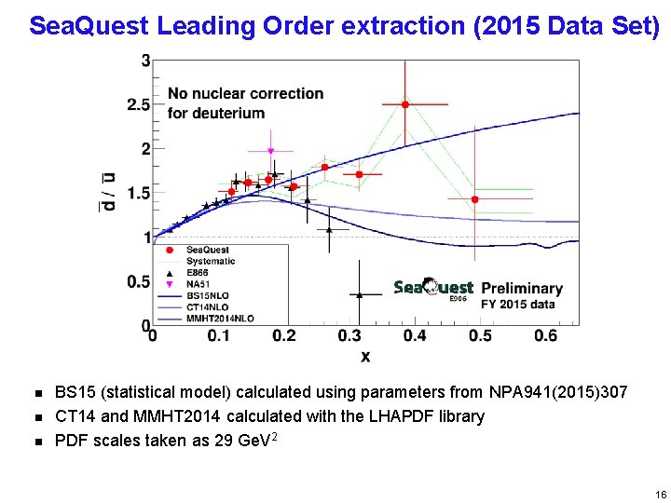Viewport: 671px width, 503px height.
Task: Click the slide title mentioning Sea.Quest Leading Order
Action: coord(344,25)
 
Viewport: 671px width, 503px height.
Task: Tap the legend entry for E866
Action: coord(198,272)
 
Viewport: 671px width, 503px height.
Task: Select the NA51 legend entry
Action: coord(197,283)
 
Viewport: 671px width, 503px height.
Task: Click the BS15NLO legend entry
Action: coord(206,294)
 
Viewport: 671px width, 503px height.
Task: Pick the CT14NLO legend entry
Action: coord(206,306)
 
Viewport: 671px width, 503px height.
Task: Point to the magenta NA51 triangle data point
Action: coord(270,151)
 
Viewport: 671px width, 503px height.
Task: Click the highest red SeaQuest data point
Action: coord(404,104)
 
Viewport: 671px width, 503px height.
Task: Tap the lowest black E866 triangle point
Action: coord(359,294)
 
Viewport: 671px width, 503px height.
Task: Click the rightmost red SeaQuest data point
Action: coord(474,199)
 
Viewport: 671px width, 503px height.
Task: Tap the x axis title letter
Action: coord(364,355)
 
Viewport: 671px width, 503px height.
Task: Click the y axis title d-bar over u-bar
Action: coord(110,191)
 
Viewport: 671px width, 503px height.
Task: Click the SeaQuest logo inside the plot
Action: coord(433,289)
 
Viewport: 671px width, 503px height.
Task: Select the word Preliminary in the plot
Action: coord(522,289)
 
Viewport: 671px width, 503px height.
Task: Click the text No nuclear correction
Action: coord(245,93)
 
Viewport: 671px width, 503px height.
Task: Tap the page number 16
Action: coord(661,495)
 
